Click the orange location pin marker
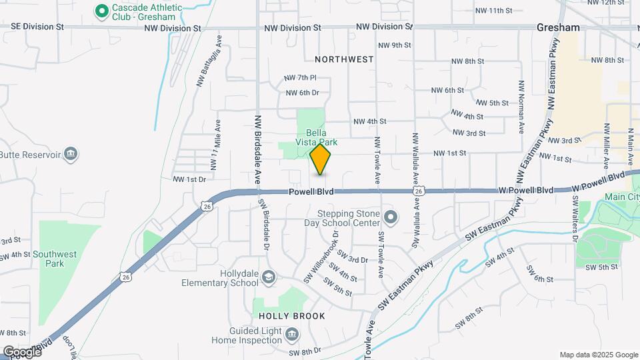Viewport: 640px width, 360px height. [x=321, y=160]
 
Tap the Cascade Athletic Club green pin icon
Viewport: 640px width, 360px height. [x=102, y=11]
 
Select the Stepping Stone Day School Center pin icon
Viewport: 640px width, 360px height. [x=391, y=218]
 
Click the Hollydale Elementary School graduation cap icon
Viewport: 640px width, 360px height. [x=268, y=277]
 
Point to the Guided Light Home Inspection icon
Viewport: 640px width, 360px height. [x=291, y=334]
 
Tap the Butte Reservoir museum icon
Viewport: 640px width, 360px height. [x=71, y=155]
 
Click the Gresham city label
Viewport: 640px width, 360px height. [x=559, y=28]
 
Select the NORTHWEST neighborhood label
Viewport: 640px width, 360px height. [x=344, y=59]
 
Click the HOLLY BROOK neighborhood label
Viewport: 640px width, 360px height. [x=292, y=316]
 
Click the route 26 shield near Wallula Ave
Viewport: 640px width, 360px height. [x=418, y=191]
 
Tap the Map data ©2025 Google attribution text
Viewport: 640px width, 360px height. [x=598, y=355]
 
